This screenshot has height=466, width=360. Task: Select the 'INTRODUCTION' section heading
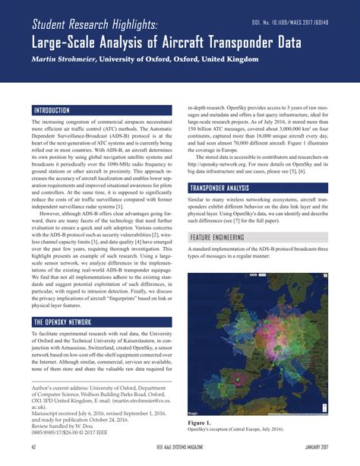52,109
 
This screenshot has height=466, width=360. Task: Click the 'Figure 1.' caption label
200,421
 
